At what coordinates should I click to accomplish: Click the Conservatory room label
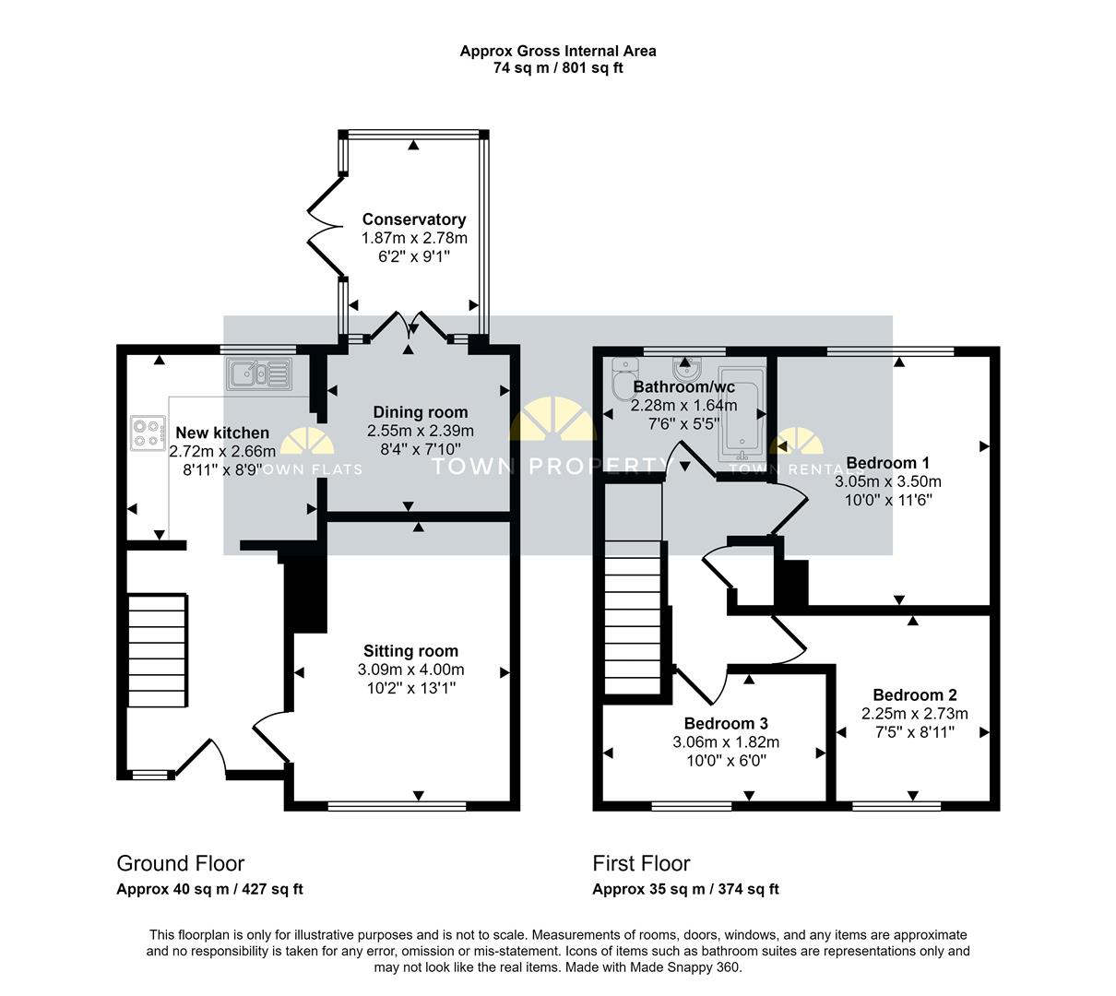[x=413, y=219]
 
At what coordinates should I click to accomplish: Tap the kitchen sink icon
[x=260, y=374]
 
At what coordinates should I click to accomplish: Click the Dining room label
[x=420, y=412]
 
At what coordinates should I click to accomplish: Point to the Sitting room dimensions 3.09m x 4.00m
[x=410, y=670]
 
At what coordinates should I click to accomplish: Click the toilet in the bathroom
[x=620, y=376]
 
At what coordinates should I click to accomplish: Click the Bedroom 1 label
[x=887, y=463]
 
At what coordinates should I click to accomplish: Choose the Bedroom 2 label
[x=914, y=695]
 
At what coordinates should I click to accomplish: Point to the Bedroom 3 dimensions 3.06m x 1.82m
[x=726, y=742]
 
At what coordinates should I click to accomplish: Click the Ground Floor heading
[x=180, y=864]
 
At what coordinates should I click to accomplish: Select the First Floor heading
[x=641, y=864]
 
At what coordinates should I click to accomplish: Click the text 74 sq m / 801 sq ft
[x=558, y=67]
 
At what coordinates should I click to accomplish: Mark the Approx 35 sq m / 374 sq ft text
[x=685, y=890]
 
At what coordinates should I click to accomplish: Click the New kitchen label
[x=222, y=433]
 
